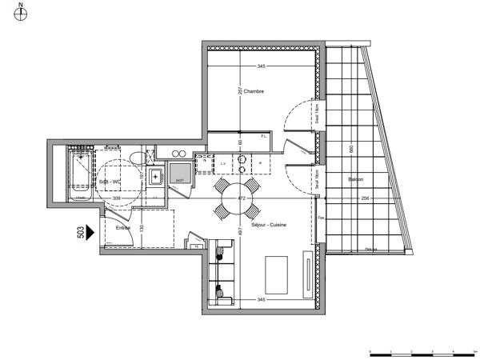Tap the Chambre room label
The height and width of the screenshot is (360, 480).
(x=254, y=91)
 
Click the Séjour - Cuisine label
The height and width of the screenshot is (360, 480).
(x=270, y=225)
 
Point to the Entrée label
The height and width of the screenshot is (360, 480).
(x=123, y=228)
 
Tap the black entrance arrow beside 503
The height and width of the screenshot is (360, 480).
(x=90, y=231)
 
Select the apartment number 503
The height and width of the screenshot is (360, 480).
(x=80, y=231)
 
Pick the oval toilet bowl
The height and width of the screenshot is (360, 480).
(x=151, y=157)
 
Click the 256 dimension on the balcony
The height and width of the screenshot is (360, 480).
(x=365, y=198)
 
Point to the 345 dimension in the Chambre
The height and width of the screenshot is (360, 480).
(x=262, y=66)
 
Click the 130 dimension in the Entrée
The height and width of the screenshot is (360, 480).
(x=142, y=229)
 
